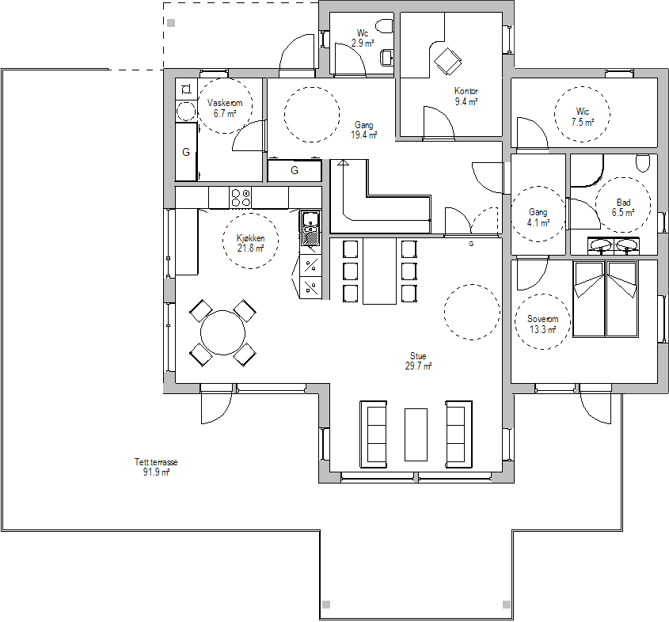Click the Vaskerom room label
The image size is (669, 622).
click(225, 103)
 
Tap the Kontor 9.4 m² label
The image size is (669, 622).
click(466, 97)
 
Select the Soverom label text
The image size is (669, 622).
click(542, 319)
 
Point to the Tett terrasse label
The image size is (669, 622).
click(156, 462)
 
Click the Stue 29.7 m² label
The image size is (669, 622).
click(418, 361)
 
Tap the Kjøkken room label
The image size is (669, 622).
click(250, 238)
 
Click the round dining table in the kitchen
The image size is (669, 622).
click(222, 332)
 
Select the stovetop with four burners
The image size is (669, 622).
click(241, 198)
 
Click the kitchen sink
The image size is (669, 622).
click(310, 228)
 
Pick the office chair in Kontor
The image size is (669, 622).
click(447, 62)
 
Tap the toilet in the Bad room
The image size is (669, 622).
click(643, 163)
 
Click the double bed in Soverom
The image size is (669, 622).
click(606, 299)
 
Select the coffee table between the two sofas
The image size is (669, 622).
click(416, 434)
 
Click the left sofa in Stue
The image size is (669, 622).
click(374, 434)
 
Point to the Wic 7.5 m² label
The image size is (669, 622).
click(583, 117)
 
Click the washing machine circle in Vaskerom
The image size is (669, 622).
click(186, 112)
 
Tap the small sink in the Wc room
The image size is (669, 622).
click(387, 58)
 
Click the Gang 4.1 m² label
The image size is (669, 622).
click(538, 217)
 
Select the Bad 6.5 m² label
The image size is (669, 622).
click(623, 207)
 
